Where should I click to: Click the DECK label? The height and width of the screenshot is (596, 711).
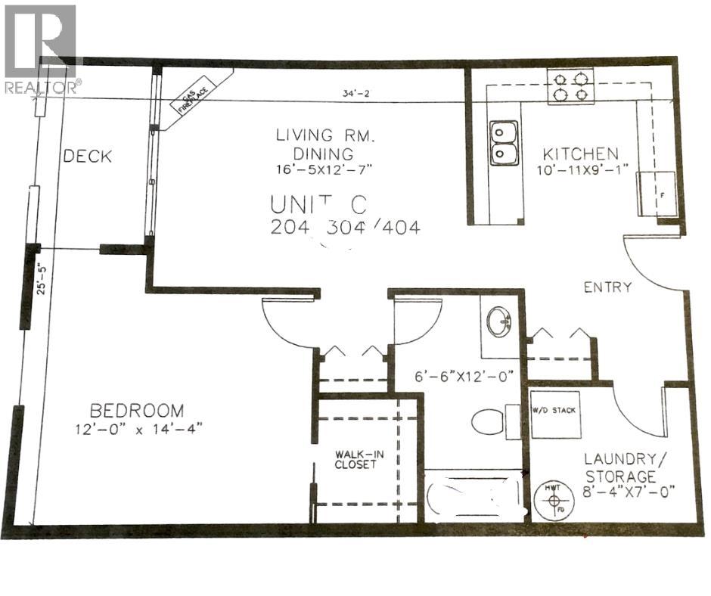[88, 157]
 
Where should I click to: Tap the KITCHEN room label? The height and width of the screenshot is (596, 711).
[585, 153]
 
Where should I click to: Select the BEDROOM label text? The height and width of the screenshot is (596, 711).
[136, 411]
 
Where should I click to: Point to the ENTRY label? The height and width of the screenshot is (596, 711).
[607, 287]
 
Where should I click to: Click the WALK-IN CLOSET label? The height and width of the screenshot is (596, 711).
[355, 460]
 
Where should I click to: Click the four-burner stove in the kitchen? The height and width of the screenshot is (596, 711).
[570, 86]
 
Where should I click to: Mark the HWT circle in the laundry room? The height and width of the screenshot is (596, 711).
[554, 500]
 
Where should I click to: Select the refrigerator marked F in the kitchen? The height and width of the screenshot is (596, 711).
[657, 194]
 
